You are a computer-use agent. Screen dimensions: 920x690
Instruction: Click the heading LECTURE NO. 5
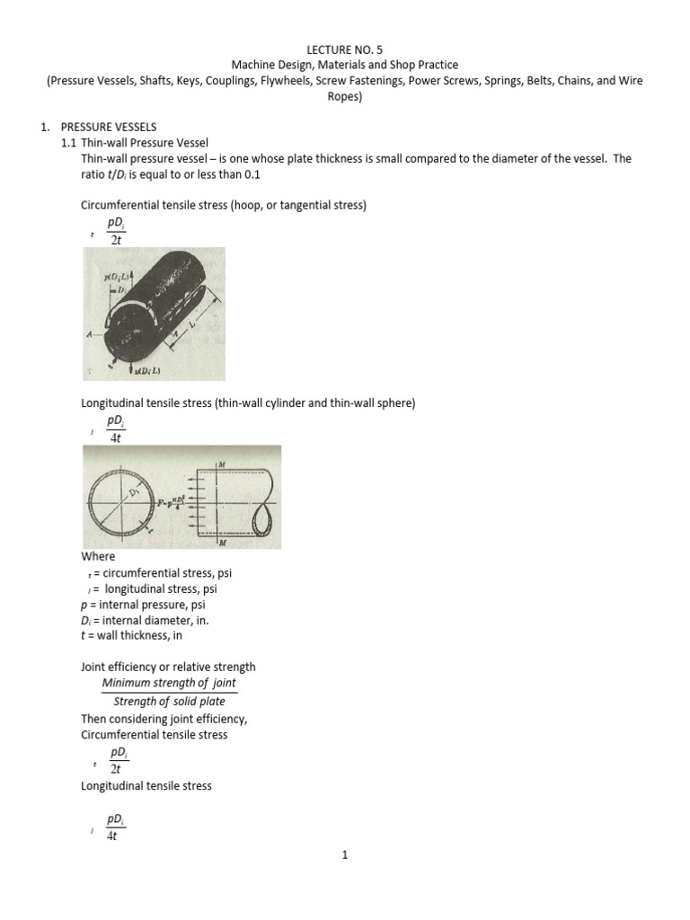coord(344,49)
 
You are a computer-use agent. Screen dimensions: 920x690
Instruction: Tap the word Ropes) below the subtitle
coord(344,97)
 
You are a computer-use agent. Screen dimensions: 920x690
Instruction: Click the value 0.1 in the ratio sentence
coord(234,174)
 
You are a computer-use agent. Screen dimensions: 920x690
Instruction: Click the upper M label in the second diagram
coord(220,463)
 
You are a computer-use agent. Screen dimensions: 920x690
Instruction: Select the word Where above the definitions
coord(98,557)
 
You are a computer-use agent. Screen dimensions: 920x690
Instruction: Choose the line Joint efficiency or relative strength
coord(168,667)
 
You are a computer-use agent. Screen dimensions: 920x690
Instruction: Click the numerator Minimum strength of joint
coord(169,683)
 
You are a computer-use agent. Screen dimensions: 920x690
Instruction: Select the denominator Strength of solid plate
coord(169,702)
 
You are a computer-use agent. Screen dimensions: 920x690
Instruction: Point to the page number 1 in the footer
coord(344,855)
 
